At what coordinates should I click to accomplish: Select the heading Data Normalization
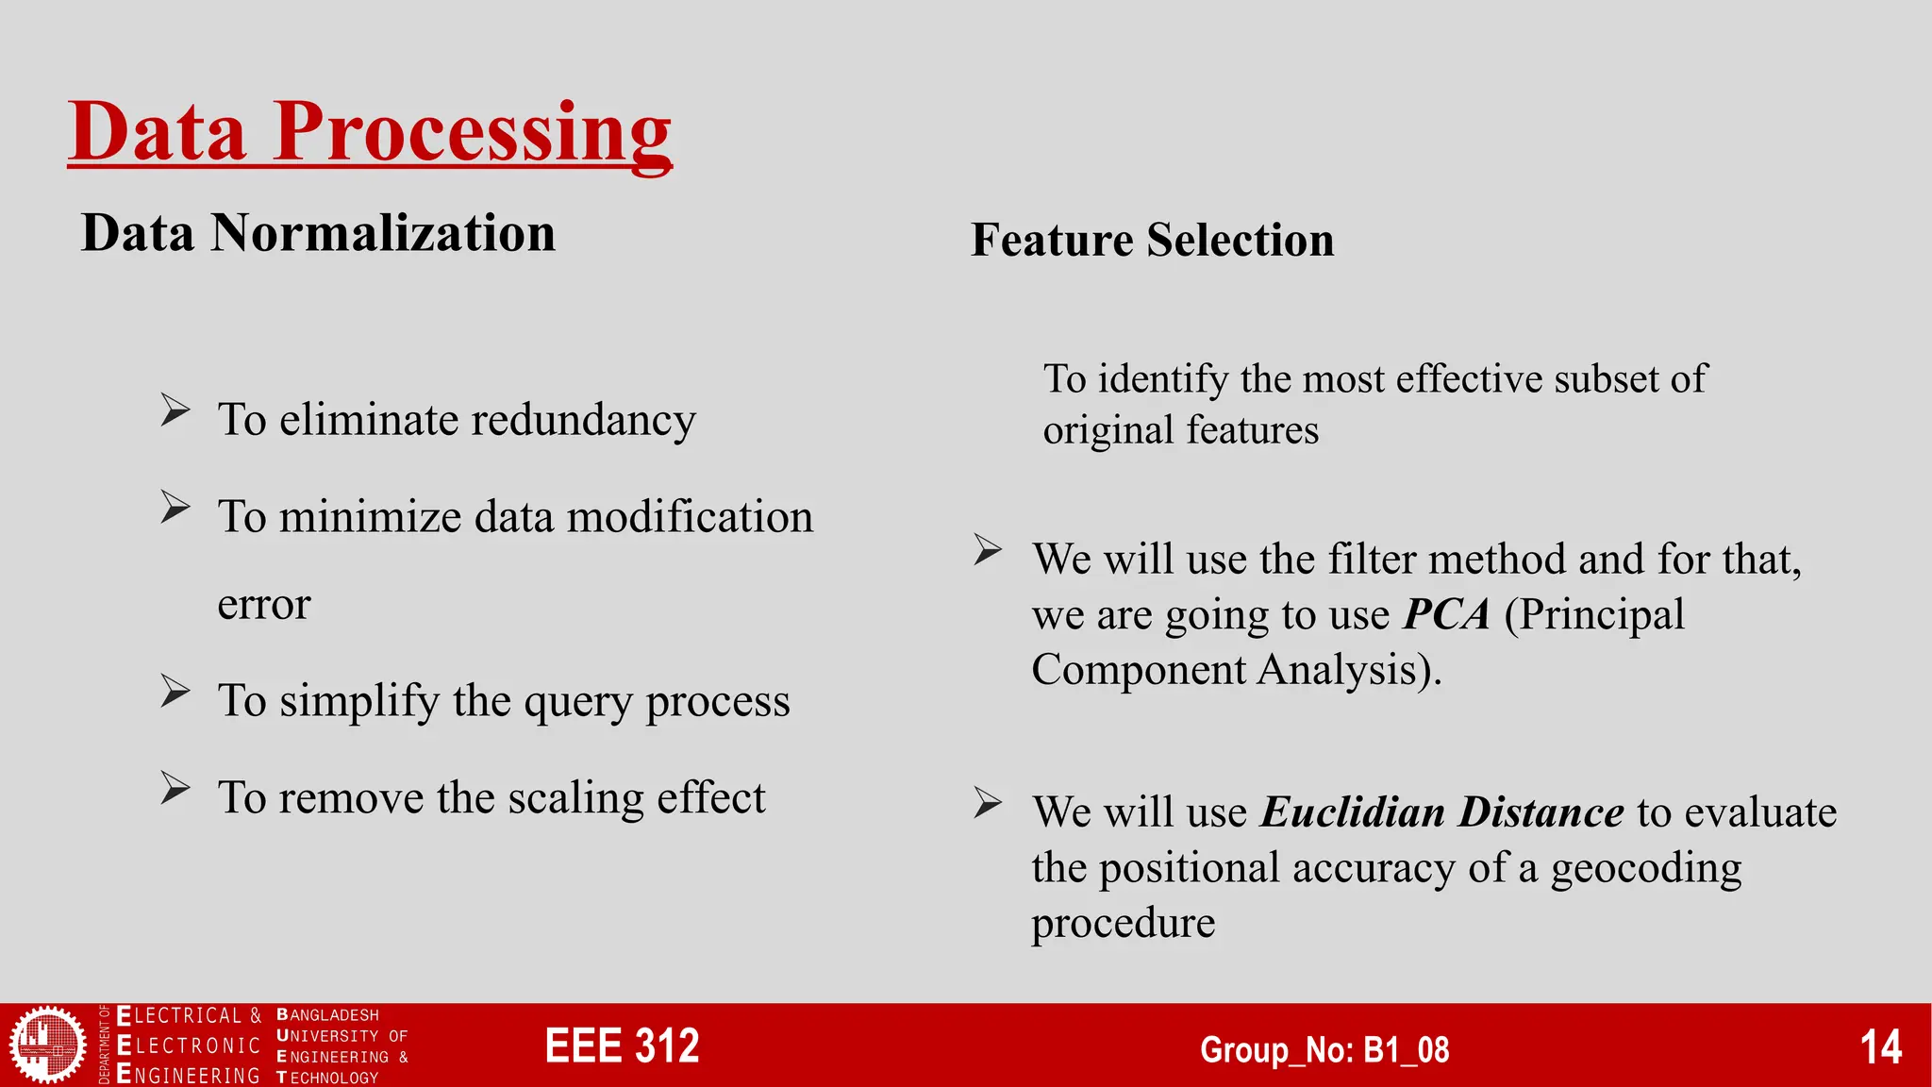click(318, 233)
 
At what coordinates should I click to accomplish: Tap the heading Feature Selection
click(1152, 240)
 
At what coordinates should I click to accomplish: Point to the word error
click(263, 604)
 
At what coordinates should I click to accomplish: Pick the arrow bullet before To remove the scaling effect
click(175, 788)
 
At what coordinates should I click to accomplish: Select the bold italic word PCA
click(1446, 614)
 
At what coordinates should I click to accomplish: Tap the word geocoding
click(1645, 868)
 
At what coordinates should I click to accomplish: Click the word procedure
click(1123, 923)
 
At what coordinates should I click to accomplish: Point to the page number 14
click(1880, 1047)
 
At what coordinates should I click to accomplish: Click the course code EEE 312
click(622, 1046)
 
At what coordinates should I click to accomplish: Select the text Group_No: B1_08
click(1324, 1049)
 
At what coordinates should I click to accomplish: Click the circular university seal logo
click(46, 1044)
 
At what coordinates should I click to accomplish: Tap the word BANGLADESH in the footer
click(327, 1015)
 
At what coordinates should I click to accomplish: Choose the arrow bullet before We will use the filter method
click(988, 549)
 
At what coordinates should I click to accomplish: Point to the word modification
click(689, 517)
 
